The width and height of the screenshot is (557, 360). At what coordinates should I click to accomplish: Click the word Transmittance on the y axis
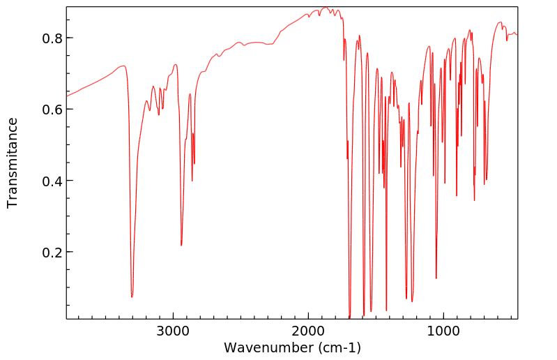pyautogui.click(x=13, y=163)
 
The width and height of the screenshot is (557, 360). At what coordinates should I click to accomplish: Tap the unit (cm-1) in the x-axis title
pyautogui.click(x=335, y=347)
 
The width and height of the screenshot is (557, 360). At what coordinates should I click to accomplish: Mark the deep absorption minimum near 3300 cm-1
pyautogui.click(x=132, y=297)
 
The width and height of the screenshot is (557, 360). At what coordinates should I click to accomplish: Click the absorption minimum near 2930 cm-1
pyautogui.click(x=181, y=246)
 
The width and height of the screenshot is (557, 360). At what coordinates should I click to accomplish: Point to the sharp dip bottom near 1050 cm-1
pyautogui.click(x=436, y=278)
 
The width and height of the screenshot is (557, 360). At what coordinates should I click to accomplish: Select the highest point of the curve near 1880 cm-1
pyautogui.click(x=325, y=8)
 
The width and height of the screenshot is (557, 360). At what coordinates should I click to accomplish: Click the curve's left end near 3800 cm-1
pyautogui.click(x=67, y=95)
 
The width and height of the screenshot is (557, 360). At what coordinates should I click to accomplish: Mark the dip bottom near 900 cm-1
pyautogui.click(x=457, y=196)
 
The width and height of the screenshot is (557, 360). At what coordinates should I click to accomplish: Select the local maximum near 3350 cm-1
pyautogui.click(x=123, y=66)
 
